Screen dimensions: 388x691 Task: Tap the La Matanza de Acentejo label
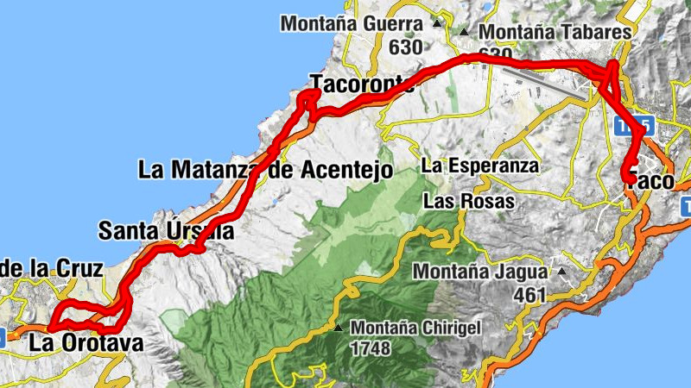pos(265,169)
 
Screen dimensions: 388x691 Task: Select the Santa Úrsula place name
pos(166,231)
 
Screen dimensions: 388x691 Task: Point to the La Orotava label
pos(86,343)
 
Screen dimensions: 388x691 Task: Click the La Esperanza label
pos(480,165)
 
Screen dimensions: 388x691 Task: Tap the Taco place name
pos(648,181)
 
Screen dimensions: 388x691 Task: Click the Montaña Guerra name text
pos(352,24)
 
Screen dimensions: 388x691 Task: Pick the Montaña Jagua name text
pos(479,272)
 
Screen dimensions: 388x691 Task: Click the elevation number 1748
pos(371,349)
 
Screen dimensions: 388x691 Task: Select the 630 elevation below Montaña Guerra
pos(405,47)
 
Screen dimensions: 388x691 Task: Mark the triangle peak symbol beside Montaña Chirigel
pos(339,329)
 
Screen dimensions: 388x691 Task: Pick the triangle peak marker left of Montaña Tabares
pos(464,33)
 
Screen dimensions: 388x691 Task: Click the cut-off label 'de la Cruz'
pos(51,269)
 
